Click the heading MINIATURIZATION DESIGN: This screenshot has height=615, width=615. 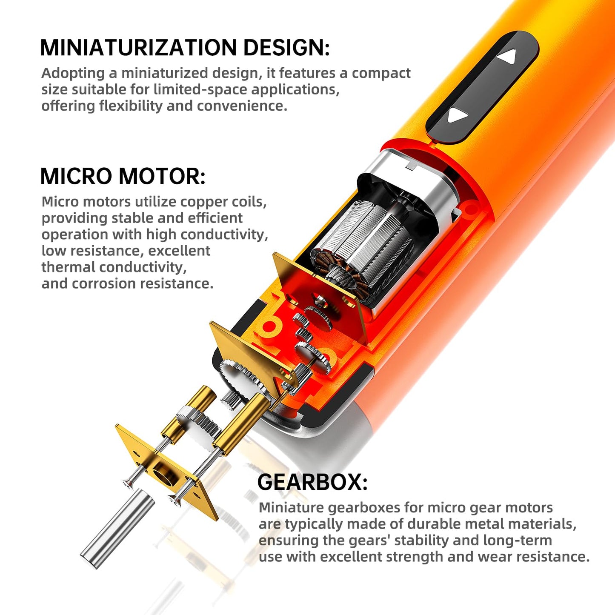pos(185,47)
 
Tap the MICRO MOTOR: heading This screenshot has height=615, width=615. pos(123,176)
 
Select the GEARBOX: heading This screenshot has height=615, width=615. pos(312,482)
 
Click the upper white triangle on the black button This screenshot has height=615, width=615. pos(507,57)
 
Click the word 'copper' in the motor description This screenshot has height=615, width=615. pos(201,202)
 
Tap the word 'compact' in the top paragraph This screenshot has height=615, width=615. pos(381,73)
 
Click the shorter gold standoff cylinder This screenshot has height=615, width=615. pos(187,411)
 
